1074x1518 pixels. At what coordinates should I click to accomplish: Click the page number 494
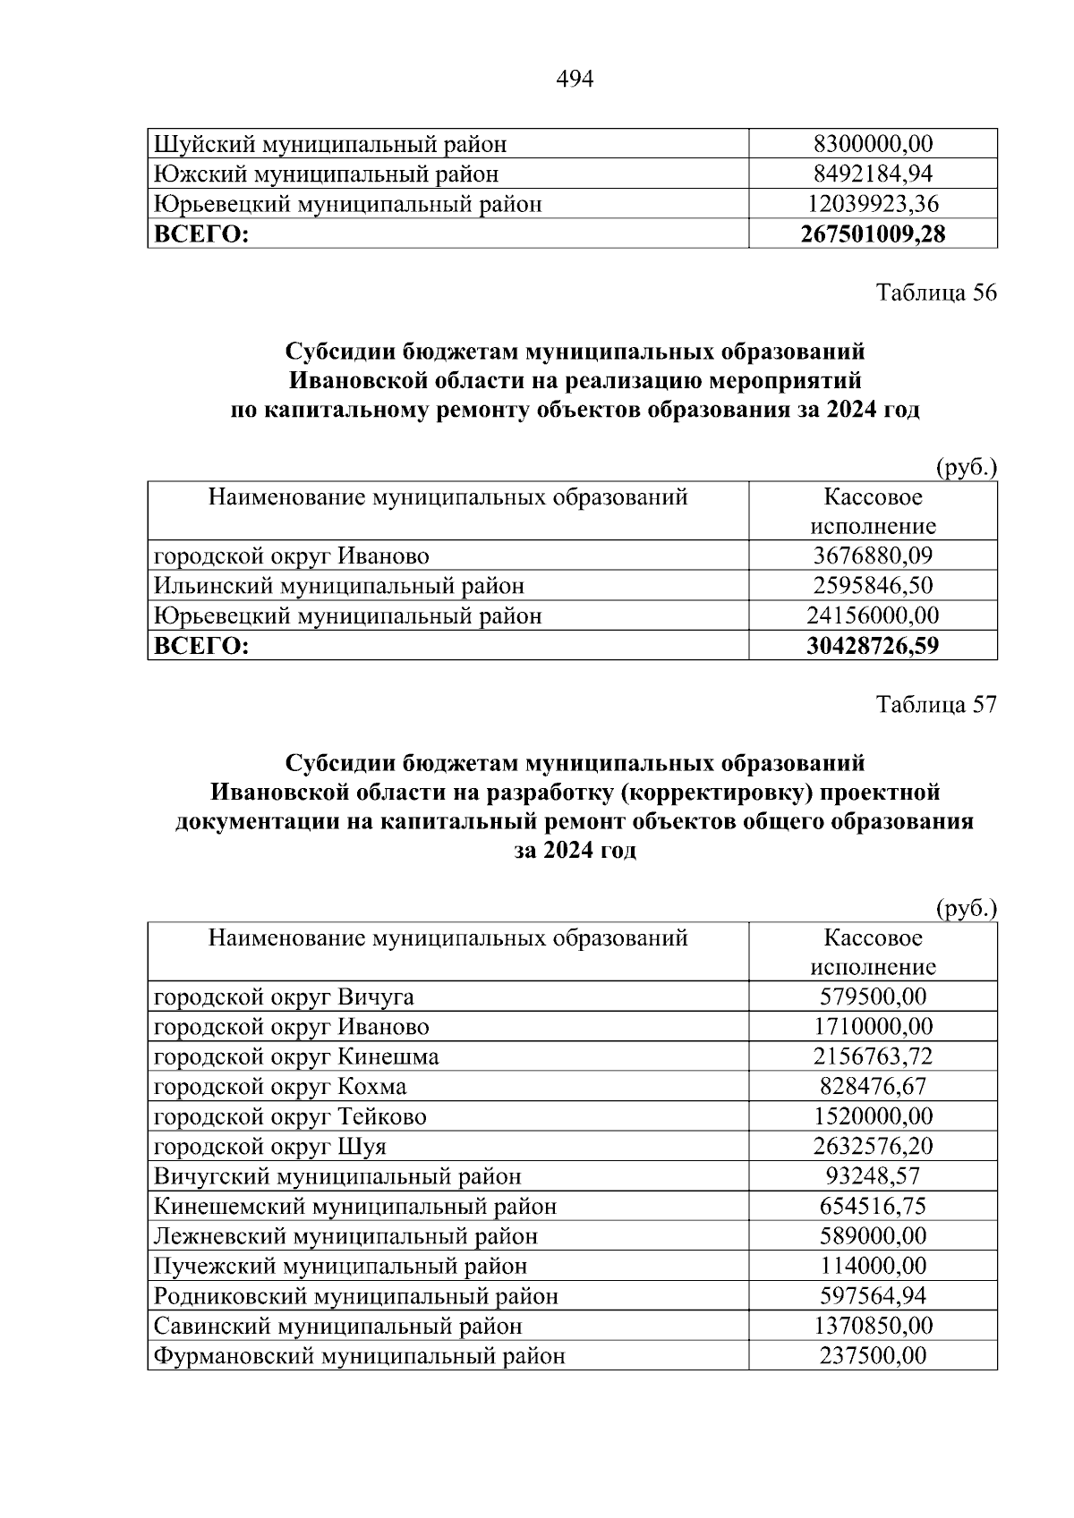coord(575,80)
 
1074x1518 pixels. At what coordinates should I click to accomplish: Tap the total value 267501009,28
coord(873,234)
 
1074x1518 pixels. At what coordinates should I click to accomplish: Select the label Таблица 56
coord(936,293)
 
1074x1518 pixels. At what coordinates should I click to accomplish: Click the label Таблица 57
coord(936,705)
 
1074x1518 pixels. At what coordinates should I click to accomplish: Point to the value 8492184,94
coord(873,174)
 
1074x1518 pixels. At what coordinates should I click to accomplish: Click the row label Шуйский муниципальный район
coord(330,144)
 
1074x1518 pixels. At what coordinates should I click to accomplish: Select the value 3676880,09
coord(873,555)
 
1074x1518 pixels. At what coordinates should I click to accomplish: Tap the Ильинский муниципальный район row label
coord(339,586)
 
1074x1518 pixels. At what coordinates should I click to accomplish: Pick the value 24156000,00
coord(873,615)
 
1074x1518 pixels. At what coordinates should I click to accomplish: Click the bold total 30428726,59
coord(873,646)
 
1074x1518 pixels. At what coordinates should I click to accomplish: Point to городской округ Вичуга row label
coord(284,996)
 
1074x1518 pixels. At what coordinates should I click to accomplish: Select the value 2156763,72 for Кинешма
coord(873,1056)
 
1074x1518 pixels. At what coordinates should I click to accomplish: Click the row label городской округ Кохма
coord(280,1087)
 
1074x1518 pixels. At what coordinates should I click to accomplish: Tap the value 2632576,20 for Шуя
coord(873,1146)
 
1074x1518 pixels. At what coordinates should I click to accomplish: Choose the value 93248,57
coord(873,1176)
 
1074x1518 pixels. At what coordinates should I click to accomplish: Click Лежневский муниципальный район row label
coord(345,1236)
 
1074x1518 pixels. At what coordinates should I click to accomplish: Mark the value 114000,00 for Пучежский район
coord(873,1266)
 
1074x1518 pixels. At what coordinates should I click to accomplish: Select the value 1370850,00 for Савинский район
coord(873,1326)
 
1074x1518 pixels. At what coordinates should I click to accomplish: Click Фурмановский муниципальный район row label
coord(359,1356)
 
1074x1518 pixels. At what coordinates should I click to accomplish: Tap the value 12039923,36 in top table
coord(873,204)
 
